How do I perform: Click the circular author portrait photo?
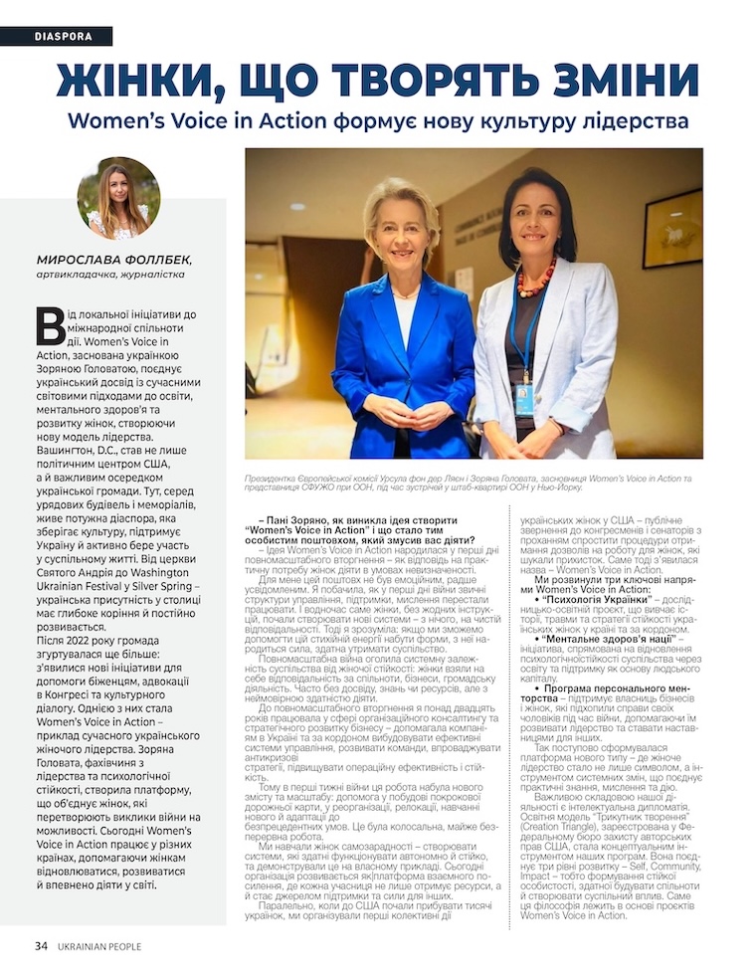click(x=118, y=198)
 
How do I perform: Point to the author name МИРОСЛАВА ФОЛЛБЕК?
click(x=112, y=260)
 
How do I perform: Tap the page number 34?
click(x=41, y=945)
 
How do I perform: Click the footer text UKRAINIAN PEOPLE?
click(x=98, y=945)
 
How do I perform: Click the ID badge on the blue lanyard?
click(x=524, y=398)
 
